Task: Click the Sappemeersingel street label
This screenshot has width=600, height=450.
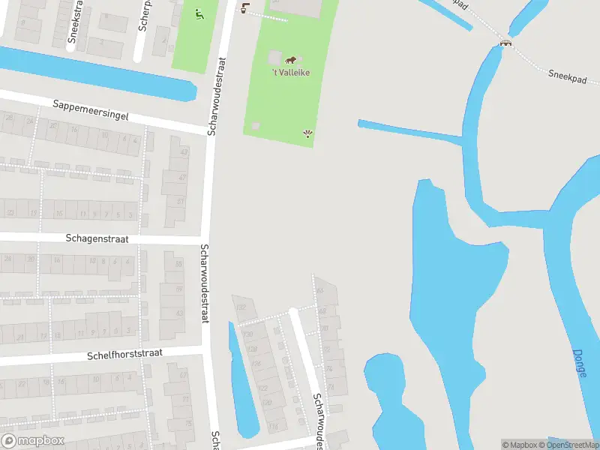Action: click(x=91, y=111)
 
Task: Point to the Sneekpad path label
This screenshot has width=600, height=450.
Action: click(x=567, y=75)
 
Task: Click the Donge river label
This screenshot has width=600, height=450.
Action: click(x=579, y=363)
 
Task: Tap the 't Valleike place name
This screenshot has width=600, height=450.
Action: click(x=291, y=72)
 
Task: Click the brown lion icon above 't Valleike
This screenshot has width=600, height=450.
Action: click(x=290, y=59)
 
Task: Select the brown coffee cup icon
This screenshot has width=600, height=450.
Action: click(x=244, y=7)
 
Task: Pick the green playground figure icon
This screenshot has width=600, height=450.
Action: click(x=199, y=13)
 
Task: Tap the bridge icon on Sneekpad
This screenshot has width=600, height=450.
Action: click(x=506, y=43)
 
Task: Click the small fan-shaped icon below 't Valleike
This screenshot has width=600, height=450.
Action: click(x=307, y=134)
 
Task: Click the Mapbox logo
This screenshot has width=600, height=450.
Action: click(x=32, y=441)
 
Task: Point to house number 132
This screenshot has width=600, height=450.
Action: click(x=241, y=307)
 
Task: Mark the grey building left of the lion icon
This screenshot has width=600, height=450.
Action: click(x=274, y=58)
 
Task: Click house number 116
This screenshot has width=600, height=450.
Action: click(x=273, y=426)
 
